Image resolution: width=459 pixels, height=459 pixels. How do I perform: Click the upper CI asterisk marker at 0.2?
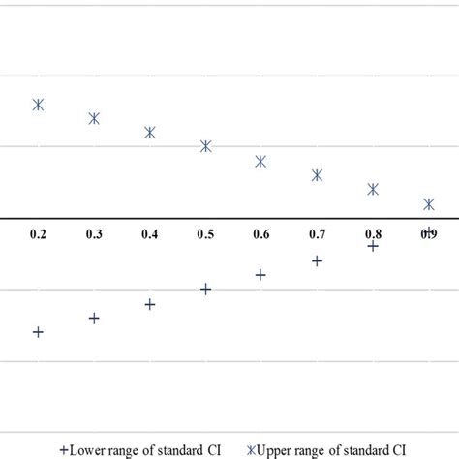point(38,105)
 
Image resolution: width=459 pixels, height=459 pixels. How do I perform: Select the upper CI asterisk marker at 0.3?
point(94,118)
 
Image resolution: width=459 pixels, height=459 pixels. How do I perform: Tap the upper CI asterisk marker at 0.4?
point(150,133)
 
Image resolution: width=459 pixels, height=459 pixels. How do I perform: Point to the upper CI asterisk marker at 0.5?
point(205,146)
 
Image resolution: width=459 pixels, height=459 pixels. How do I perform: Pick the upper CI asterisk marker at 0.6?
point(260,162)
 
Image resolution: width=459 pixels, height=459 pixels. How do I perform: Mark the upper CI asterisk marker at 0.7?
point(317,175)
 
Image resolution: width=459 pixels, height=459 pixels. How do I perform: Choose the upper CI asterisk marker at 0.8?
point(373,189)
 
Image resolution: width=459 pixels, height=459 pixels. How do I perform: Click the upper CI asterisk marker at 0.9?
point(428,204)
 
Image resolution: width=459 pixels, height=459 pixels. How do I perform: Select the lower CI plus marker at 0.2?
point(38,332)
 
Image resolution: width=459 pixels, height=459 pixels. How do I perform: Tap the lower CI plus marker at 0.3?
point(94,318)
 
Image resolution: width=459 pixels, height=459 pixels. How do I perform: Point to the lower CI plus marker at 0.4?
point(150,304)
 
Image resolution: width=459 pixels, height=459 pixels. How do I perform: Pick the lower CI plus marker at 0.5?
point(205,289)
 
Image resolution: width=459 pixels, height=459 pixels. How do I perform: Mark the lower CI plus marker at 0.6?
point(260,275)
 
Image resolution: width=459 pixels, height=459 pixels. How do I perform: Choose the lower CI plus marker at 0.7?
point(317,260)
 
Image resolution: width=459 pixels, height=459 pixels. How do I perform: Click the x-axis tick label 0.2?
point(38,234)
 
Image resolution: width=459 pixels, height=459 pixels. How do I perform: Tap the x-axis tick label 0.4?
point(150,234)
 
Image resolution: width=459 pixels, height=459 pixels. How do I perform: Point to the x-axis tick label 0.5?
point(205,234)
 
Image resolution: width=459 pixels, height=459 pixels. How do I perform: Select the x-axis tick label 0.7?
point(317,234)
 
